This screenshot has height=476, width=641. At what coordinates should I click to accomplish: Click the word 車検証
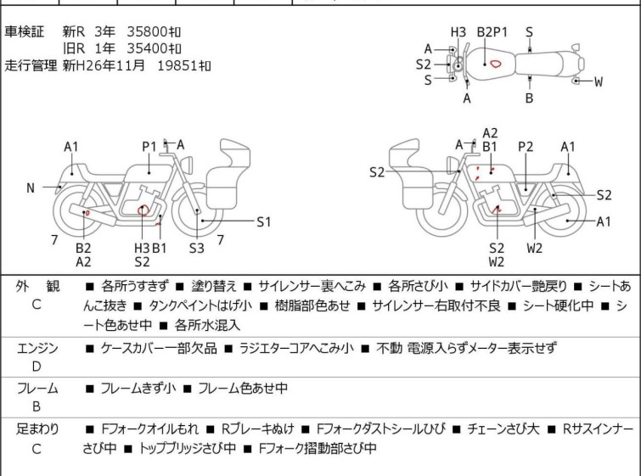pos(24,31)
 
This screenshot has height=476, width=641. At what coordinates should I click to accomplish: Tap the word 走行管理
pos(31,65)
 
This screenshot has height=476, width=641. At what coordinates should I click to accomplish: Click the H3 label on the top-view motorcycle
pos(458,32)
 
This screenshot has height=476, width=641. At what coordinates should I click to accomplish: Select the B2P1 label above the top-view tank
pos(492,32)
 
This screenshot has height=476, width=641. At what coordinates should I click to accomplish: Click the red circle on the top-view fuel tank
pos(496,64)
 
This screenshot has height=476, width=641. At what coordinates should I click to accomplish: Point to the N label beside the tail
pos(31,188)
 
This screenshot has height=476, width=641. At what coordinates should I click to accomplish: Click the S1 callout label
pos(264,221)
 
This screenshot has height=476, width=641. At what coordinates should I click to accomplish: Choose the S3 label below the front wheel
pos(197,248)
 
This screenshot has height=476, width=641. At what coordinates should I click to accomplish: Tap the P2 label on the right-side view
pos(526,147)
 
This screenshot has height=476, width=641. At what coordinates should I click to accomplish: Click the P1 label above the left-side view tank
pos(149,147)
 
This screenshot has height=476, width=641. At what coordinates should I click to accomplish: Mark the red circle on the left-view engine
pos(143,210)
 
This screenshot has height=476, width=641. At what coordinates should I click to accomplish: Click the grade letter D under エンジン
pos(37,367)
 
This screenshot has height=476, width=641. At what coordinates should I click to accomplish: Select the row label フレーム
pos(37,388)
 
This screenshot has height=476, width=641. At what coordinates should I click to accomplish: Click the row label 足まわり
pos(37,429)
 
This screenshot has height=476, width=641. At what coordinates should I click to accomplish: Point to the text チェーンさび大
pos(503,429)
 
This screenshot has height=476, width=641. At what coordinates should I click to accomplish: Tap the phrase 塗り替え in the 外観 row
pos(214,286)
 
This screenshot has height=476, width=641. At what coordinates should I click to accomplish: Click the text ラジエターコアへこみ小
pos(296,348)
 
